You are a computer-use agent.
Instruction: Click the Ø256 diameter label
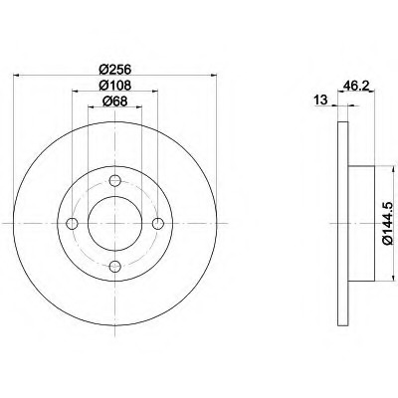(x=115, y=70)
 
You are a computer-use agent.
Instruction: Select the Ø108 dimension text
(x=115, y=86)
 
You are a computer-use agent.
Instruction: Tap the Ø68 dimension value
(x=115, y=101)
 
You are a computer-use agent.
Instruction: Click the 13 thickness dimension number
(x=320, y=99)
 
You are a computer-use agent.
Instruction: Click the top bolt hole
(x=114, y=181)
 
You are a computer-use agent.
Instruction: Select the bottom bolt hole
(x=114, y=266)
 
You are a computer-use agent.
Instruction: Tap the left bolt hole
(x=73, y=224)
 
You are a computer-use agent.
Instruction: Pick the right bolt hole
(x=157, y=224)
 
